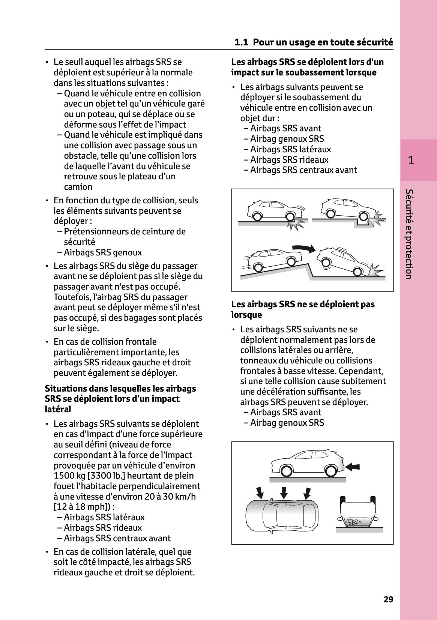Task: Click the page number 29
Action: pyautogui.click(x=388, y=599)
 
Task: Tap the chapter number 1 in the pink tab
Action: pyautogui.click(x=411, y=161)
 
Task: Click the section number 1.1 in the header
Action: pyautogui.click(x=241, y=42)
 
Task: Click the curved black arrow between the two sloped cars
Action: pyautogui.click(x=304, y=248)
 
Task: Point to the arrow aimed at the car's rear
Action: pyautogui.click(x=352, y=467)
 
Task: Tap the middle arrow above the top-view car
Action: pyautogui.click(x=284, y=492)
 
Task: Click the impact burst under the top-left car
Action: pyautogui.click(x=296, y=224)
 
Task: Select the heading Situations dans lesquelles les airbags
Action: pyautogui.click(x=120, y=389)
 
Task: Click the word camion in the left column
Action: pyautogui.click(x=78, y=187)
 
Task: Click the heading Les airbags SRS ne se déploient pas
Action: pyautogui.click(x=303, y=304)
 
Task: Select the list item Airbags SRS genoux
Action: pyautogui.click(x=102, y=252)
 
